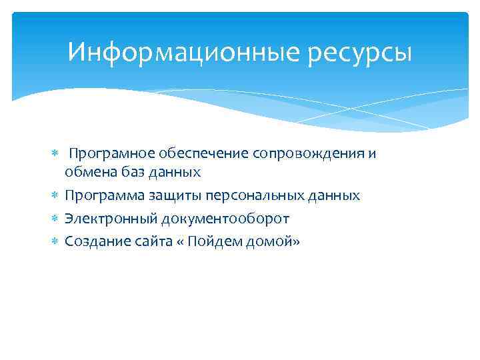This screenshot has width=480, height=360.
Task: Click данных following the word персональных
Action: [x=335, y=196]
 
